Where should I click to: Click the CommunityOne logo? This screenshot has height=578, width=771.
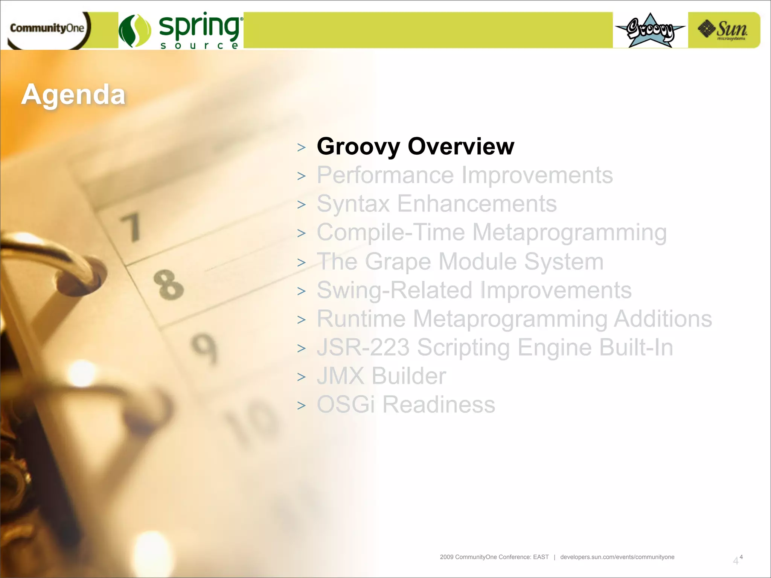[47, 29]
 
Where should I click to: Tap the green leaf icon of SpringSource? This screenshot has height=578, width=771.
[135, 31]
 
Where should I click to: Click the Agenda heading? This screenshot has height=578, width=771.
[73, 94]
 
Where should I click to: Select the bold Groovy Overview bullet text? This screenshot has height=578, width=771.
[415, 146]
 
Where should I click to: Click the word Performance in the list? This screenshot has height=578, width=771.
[385, 175]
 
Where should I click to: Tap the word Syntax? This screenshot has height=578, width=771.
[353, 204]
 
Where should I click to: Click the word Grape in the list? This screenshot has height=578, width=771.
[398, 262]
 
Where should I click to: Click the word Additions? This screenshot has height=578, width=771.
[663, 319]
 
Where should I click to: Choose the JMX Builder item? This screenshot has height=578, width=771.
[381, 376]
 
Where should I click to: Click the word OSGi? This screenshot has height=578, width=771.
[346, 405]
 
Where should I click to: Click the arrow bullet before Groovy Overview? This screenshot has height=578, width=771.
[301, 148]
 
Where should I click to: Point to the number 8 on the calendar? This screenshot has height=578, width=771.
[168, 285]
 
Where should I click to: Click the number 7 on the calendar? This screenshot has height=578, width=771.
[131, 227]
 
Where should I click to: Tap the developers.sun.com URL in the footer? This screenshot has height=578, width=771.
[617, 557]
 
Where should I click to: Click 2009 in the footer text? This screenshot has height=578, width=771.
[446, 557]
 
